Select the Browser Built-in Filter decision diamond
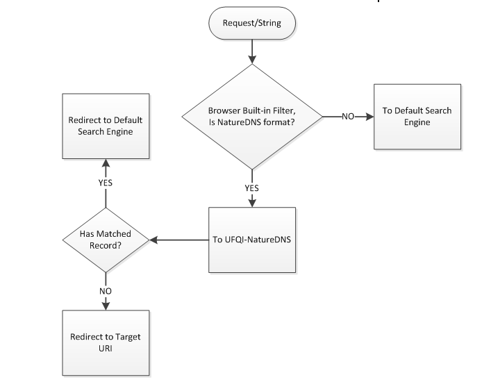click(251, 117)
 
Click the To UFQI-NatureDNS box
click(251, 240)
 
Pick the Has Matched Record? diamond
click(105, 240)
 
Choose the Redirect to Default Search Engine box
click(106, 125)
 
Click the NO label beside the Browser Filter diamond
click(348, 117)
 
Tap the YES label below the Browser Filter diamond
click(251, 187)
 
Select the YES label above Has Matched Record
click(105, 183)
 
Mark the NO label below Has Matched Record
click(105, 291)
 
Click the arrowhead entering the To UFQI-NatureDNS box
click(251, 203)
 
